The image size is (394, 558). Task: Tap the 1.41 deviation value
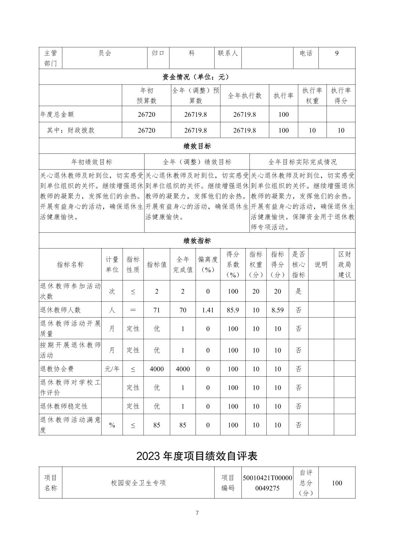point(208,310)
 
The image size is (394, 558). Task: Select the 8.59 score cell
point(277,310)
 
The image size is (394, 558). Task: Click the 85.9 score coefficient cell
point(233,310)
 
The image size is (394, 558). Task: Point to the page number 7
point(197,513)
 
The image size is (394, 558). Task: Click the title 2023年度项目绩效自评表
point(197,456)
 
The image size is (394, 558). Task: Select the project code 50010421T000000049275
point(267,483)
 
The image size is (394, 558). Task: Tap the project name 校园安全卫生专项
point(138,483)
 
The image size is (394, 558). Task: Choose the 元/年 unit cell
point(112,369)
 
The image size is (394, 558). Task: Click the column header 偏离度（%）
point(208,264)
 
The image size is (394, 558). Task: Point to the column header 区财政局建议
point(344,264)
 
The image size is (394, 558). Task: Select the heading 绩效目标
point(197,146)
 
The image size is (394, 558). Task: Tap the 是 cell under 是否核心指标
point(299,291)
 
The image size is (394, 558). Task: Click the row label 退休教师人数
point(60,310)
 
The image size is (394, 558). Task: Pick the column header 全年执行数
point(245,96)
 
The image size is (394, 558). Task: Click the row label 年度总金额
point(57,115)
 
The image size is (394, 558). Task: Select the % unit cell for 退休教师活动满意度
point(112,425)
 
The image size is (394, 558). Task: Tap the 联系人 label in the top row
point(228,53)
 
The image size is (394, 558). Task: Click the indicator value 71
point(157,310)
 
